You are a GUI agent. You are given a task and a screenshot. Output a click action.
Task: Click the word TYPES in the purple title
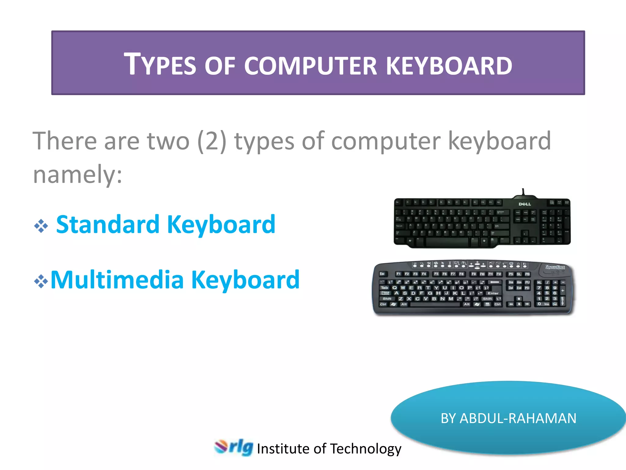coord(160,65)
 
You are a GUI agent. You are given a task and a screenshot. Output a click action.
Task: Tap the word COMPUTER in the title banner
coord(310,66)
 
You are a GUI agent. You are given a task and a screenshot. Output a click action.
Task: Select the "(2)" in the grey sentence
coord(212,141)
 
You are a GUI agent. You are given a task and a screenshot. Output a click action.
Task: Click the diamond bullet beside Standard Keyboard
coord(41,226)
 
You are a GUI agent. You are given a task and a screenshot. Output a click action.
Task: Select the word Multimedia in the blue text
coord(117,280)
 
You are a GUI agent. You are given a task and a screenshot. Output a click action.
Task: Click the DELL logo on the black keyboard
coord(525,204)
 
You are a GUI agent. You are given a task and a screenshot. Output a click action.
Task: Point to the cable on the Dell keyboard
coord(523,192)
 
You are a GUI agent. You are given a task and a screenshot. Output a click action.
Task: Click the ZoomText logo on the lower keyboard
coord(555,267)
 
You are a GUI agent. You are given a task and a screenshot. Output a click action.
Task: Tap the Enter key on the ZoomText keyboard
coord(493,293)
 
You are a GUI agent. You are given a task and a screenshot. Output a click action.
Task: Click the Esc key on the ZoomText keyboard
coord(382,274)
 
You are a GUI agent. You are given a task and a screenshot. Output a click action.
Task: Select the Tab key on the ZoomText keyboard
coord(384,288)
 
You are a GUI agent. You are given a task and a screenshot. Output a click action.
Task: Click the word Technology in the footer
coord(366,449)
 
